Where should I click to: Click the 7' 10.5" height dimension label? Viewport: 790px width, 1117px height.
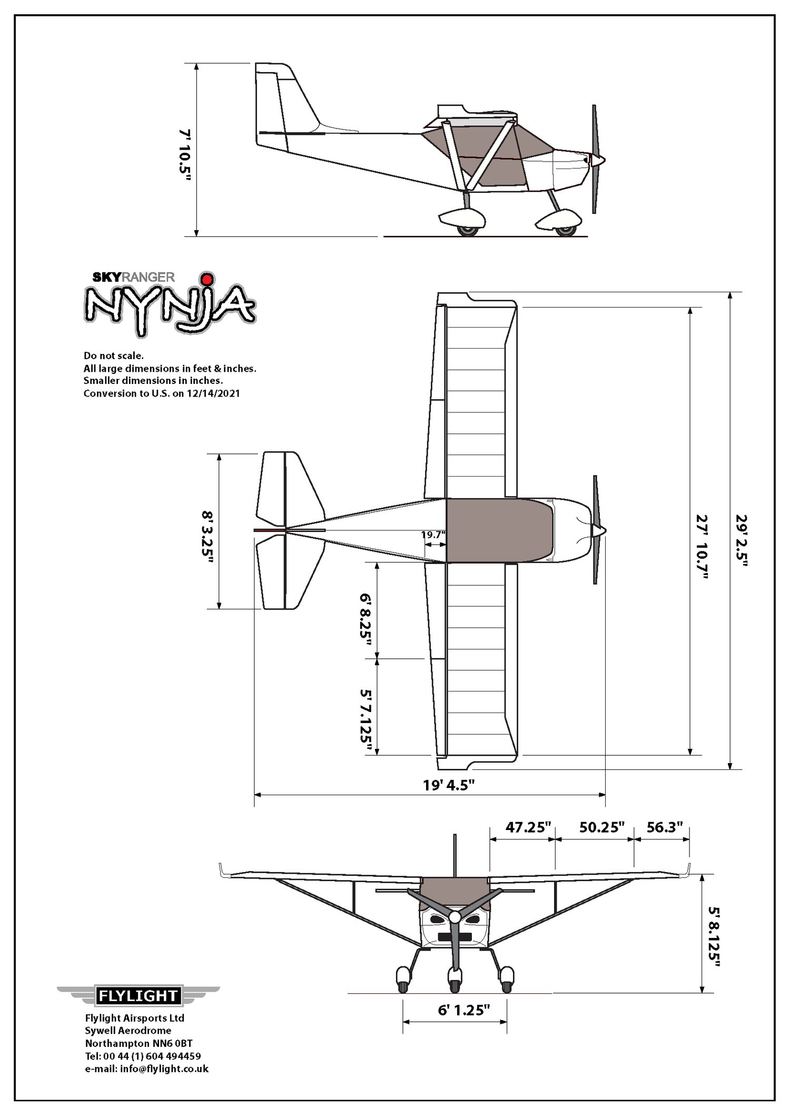[184, 156]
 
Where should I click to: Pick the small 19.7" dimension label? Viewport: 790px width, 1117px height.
[433, 535]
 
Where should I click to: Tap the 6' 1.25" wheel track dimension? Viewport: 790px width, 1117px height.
[464, 1010]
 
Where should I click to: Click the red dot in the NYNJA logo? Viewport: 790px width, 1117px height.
[208, 279]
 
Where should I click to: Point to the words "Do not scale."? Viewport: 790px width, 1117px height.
[113, 355]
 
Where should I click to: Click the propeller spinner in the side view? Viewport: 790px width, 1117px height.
[598, 159]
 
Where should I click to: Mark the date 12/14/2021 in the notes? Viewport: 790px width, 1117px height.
[213, 393]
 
